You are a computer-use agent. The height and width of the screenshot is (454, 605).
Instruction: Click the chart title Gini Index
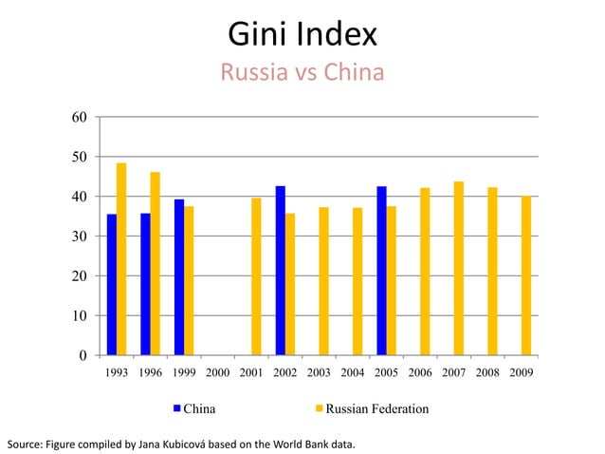(x=302, y=35)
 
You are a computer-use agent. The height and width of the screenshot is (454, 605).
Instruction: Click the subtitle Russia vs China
(x=302, y=72)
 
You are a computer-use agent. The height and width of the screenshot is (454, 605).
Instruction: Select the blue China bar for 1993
(x=112, y=285)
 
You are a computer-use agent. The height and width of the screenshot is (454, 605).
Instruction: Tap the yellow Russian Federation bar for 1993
(x=121, y=259)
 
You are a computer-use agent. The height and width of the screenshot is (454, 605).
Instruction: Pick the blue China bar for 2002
(x=281, y=271)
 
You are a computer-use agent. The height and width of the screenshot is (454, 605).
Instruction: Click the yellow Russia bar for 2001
(x=256, y=276)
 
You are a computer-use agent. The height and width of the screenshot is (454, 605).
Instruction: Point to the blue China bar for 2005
(x=381, y=271)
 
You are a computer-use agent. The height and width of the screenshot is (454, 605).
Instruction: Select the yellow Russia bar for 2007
(x=458, y=269)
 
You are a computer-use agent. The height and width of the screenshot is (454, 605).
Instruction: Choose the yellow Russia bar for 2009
(x=526, y=275)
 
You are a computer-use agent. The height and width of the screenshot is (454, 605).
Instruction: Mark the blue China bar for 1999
(x=179, y=277)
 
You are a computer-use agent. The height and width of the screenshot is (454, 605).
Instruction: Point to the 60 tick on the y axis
(x=81, y=117)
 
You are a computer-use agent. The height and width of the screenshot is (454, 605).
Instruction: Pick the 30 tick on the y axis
(x=81, y=236)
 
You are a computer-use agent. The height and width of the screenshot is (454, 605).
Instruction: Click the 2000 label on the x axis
(x=218, y=373)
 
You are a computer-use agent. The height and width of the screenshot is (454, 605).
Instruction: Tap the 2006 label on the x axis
(x=420, y=373)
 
